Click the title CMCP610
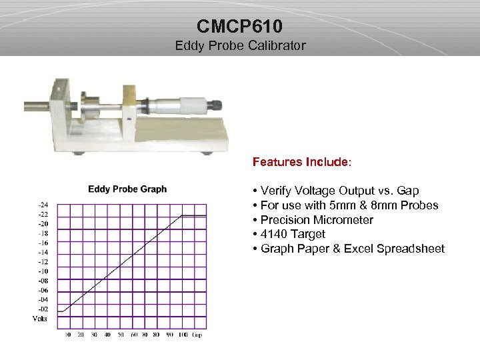[240, 26]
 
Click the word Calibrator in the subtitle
[276, 46]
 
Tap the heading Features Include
[301, 162]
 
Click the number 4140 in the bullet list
[273, 235]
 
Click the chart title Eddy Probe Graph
[127, 189]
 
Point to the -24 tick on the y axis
[42, 205]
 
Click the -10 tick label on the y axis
[42, 271]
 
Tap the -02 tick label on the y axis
[42, 309]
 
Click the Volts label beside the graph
[40, 319]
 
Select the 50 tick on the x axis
[121, 335]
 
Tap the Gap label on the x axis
[197, 335]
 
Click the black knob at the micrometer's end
[215, 104]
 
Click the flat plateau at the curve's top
[194, 215]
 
